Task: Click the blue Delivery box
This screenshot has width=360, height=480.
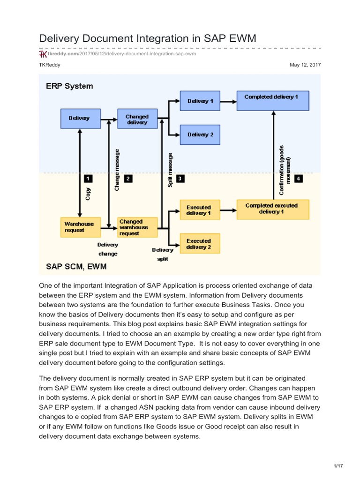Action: pos(79,119)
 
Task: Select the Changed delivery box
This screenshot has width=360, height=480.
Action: pos(137,119)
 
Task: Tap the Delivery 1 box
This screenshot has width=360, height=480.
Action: pos(200,101)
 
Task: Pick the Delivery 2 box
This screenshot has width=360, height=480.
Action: pos(200,135)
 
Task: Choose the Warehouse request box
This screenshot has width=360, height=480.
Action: pos(79,227)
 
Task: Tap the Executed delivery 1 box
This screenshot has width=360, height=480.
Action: pos(199,210)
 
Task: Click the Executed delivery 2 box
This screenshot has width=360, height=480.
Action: pos(199,244)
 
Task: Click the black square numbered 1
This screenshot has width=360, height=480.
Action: pos(88,179)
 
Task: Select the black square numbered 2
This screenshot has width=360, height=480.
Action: pos(128,179)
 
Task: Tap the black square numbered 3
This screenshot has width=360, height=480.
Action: pos(180,179)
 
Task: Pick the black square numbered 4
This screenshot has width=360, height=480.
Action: pos(299,179)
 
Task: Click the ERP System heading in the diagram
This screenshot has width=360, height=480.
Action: pos(69,86)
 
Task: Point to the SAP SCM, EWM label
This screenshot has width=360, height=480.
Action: pos(76,266)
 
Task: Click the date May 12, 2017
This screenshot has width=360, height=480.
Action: pos(306,65)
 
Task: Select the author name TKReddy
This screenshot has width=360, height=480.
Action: pos(49,65)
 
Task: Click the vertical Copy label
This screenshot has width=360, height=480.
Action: pos(88,194)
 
